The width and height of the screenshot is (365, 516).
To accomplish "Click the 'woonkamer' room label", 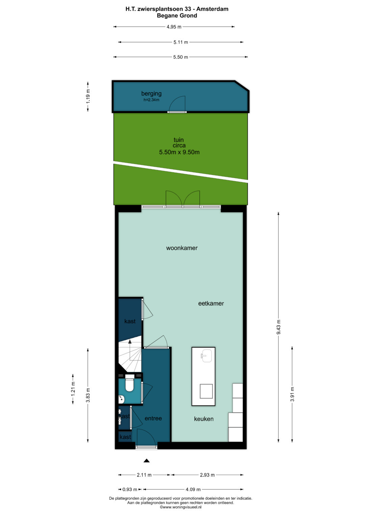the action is (182, 248).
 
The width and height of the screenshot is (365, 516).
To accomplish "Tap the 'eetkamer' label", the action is (211, 303).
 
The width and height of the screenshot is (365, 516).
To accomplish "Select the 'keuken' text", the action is (204, 419).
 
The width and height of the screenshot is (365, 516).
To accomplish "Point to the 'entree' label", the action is (153, 418).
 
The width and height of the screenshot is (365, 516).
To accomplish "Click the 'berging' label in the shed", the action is (151, 94).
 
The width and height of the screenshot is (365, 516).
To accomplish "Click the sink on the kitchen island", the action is (207, 356).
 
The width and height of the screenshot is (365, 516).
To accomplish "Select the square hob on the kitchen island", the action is (206, 391).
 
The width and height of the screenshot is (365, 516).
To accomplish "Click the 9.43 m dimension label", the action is (278, 327).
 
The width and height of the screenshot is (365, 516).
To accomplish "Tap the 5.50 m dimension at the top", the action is (181, 57).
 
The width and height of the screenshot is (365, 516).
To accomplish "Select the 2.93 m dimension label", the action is (207, 475).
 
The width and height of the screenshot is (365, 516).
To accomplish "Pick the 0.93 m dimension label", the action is (130, 489).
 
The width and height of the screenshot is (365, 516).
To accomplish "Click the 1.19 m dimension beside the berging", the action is (88, 96).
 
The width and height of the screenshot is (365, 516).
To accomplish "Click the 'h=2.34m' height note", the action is (151, 100).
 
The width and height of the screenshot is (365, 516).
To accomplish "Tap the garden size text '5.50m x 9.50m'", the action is (179, 152).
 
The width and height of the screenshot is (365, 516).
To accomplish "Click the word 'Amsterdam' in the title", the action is (212, 9).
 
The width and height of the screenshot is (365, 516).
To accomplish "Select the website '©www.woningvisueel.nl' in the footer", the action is (181, 507).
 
